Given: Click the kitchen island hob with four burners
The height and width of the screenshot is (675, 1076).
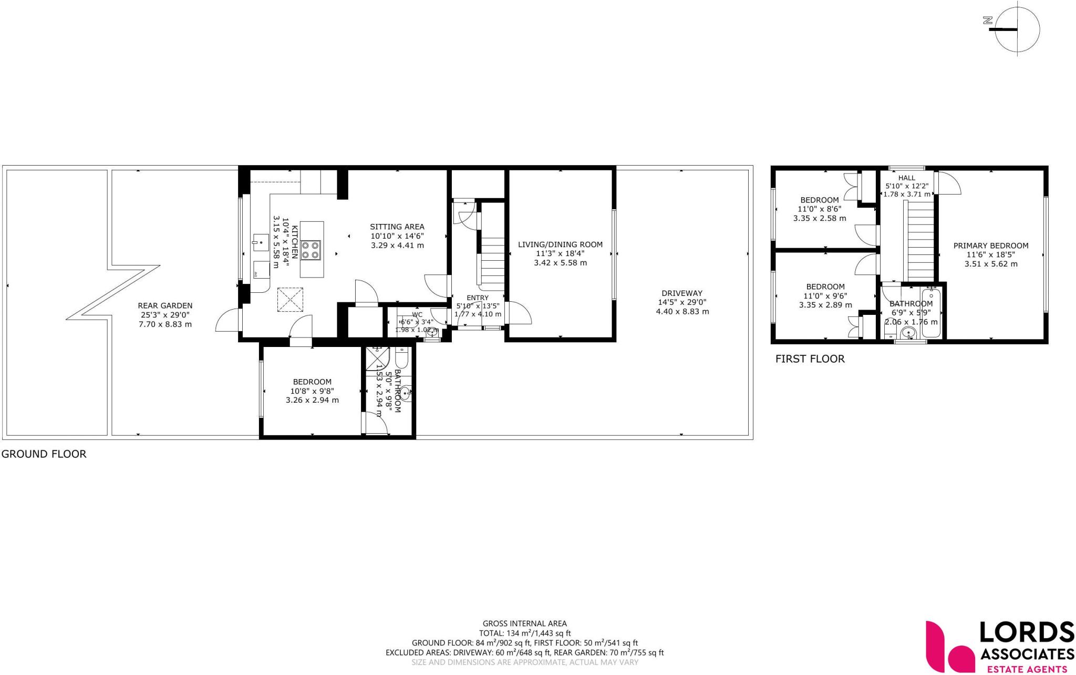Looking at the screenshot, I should (x=311, y=250).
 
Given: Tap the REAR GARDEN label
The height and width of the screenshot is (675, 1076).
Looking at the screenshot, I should (x=165, y=305).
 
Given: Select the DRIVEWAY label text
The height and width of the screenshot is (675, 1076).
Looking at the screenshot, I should (x=682, y=293).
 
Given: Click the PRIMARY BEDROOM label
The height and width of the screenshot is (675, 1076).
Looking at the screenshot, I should (x=990, y=246).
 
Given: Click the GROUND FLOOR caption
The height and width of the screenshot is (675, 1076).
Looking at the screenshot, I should (x=44, y=454).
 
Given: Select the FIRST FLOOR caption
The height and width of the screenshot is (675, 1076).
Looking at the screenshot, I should (x=810, y=359).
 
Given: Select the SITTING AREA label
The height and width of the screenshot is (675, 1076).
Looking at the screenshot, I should (x=397, y=227).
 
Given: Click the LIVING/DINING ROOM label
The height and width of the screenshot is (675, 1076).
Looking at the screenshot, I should (x=560, y=244).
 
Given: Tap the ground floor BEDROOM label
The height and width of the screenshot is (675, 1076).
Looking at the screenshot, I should (x=312, y=382).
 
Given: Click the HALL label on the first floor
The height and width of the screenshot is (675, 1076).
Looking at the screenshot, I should (x=906, y=178).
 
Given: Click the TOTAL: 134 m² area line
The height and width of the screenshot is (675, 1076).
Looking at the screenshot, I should (x=524, y=633).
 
